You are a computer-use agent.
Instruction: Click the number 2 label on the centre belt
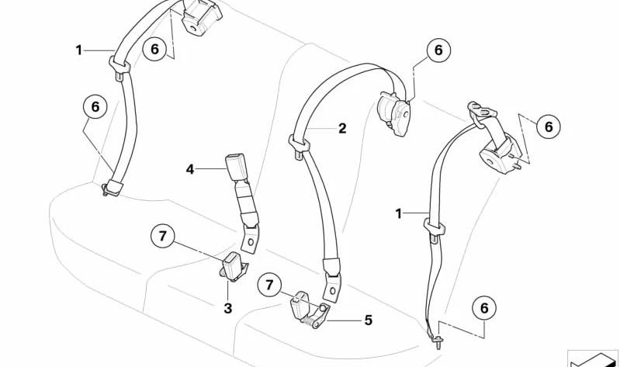(x=342, y=129)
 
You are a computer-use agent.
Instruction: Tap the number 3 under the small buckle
(x=228, y=308)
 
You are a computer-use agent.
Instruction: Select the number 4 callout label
(x=189, y=168)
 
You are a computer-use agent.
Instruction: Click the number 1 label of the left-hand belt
(x=78, y=50)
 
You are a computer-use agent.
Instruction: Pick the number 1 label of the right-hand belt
(x=399, y=213)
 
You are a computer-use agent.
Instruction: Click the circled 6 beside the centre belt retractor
(x=438, y=50)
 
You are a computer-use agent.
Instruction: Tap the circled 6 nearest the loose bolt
(x=483, y=309)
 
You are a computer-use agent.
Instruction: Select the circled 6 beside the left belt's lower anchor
(x=95, y=107)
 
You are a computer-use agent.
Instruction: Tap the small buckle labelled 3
(x=231, y=265)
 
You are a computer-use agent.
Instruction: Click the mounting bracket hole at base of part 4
(x=252, y=243)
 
